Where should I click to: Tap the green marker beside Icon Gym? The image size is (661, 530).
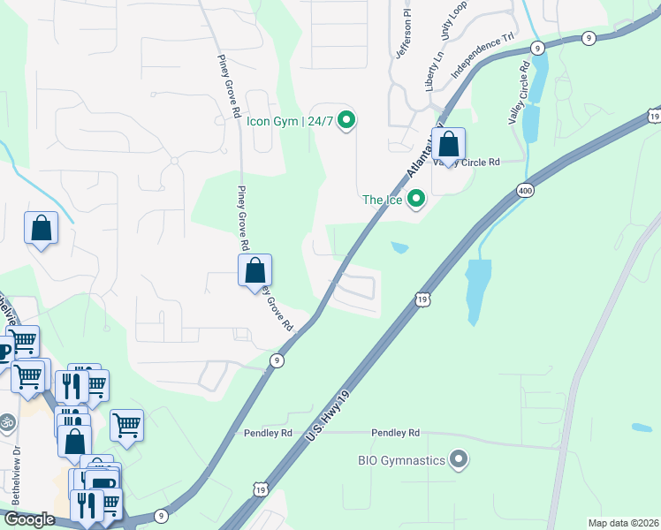[347, 120]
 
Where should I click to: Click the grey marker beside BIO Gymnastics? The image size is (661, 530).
[458, 459]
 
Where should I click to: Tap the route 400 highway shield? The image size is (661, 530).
[526, 190]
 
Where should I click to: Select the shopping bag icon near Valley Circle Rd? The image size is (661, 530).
[448, 145]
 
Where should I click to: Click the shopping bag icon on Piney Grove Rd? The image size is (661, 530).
[255, 270]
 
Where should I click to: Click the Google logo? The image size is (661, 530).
[28, 519]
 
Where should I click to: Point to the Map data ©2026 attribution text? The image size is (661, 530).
[623, 523]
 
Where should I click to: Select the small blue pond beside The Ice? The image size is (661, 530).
[399, 248]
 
